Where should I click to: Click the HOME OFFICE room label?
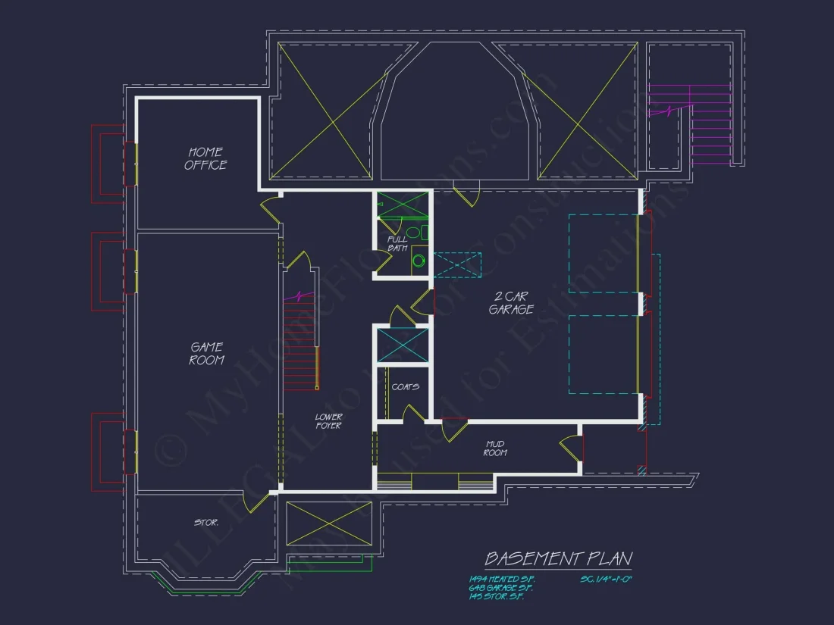tap(205, 158)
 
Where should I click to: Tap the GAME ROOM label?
tap(206, 354)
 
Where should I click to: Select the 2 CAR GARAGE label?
tap(510, 303)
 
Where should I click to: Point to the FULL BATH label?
tap(397, 243)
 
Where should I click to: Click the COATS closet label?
tap(405, 386)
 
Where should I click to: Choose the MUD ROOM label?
tap(495, 448)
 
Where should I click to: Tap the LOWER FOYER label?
tap(328, 421)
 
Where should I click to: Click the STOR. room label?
tap(206, 522)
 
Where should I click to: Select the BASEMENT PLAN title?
tap(558, 559)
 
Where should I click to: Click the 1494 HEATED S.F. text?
tap(501, 579)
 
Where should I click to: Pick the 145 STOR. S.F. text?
tap(496, 597)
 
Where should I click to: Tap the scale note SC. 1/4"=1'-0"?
tap(607, 579)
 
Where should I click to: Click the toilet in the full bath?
tap(414, 233)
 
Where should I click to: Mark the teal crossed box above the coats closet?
tap(403, 345)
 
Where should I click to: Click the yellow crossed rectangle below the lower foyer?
tap(330, 523)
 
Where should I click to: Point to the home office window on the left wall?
tap(132, 164)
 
